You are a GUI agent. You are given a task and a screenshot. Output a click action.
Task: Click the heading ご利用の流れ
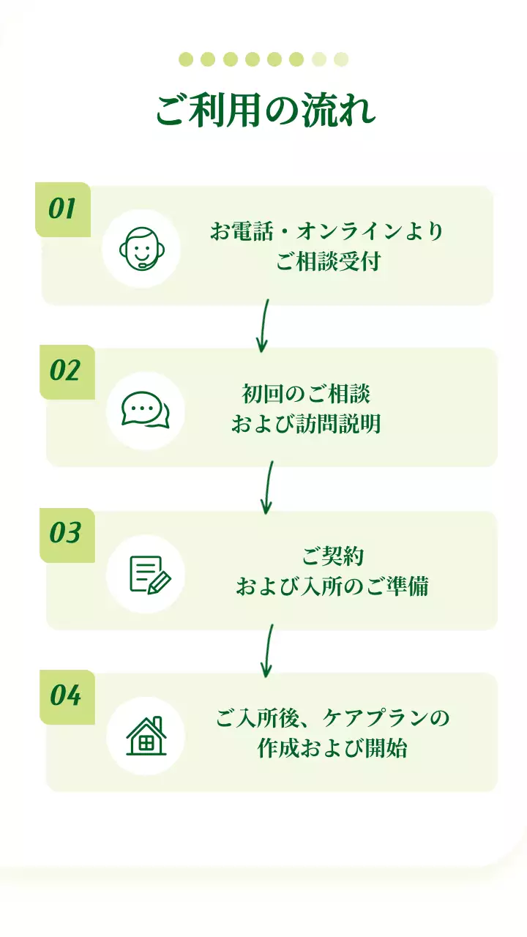point(266,111)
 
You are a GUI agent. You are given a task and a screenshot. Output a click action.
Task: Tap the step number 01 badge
point(63,209)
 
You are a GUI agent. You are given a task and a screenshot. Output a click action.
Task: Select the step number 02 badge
point(65,371)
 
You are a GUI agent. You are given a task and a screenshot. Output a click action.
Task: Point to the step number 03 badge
point(65,534)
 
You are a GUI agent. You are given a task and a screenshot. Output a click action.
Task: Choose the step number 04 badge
point(66,695)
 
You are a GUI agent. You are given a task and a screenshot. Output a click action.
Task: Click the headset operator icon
point(141,248)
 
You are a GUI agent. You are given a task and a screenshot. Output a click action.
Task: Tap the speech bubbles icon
point(145,410)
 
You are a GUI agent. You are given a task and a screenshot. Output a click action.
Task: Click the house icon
point(146,736)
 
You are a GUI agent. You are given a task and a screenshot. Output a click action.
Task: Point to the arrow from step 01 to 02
point(264,325)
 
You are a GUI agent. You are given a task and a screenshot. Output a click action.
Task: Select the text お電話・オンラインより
point(327,232)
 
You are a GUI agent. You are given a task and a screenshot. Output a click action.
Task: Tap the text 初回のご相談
point(306,394)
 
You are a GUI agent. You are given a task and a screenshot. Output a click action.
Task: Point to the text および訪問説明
point(306,424)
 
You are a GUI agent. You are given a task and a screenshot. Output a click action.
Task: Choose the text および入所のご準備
point(332,586)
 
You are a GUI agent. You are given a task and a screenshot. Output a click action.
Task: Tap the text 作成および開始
point(332,749)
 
